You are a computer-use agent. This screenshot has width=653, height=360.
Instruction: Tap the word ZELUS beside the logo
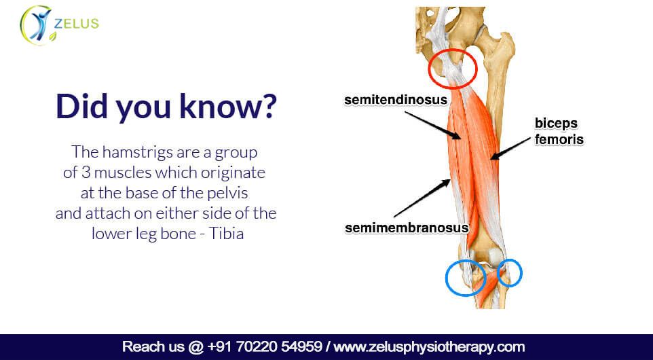click(x=76, y=23)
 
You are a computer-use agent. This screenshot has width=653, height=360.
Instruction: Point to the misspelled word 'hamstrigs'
click(x=137, y=152)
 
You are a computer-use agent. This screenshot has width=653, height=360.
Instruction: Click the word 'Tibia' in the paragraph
click(x=226, y=234)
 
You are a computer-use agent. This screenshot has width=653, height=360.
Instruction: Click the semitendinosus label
click(x=396, y=101)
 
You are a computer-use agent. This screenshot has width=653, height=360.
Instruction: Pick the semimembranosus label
click(x=407, y=228)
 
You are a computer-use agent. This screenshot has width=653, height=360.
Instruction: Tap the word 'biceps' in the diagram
click(x=557, y=124)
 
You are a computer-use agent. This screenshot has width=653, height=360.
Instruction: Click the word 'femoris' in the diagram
click(x=559, y=139)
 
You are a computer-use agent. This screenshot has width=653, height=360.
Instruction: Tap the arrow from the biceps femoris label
click(x=511, y=149)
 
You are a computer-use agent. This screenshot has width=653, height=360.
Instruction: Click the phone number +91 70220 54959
click(x=264, y=346)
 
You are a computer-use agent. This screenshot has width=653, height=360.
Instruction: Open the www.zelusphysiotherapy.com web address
click(x=430, y=347)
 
